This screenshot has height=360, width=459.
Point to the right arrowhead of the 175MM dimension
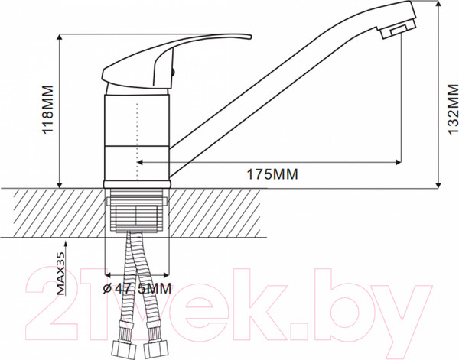click(398, 162)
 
